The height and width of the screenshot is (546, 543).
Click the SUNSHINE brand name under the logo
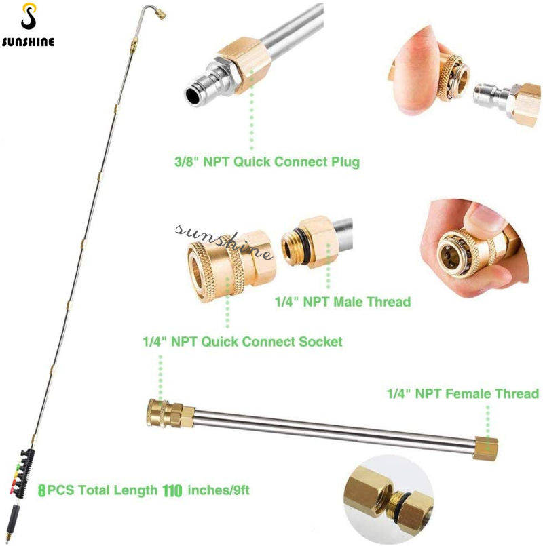coord(28,41)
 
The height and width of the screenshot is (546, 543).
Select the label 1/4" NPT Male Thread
coord(343,301)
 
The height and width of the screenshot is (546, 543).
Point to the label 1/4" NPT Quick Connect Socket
coord(242,341)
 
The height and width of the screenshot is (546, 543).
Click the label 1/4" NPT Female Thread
coord(463,393)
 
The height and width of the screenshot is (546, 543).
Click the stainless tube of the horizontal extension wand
coord(326,428)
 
